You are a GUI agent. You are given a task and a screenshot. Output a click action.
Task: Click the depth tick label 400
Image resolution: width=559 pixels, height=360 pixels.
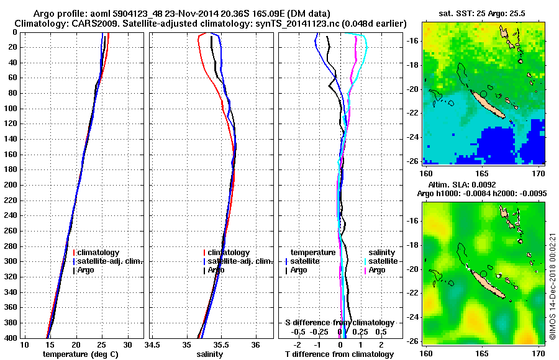(10, 338)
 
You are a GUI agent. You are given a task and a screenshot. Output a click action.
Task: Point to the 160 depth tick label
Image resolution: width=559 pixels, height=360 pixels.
(10, 154)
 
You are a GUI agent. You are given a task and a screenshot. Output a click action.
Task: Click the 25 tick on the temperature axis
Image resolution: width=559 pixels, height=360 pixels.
(102, 345)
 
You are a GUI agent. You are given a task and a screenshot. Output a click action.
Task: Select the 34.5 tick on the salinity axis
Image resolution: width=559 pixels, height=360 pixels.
(153, 345)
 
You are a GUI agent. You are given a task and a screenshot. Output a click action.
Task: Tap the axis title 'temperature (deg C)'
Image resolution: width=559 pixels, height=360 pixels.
(80, 354)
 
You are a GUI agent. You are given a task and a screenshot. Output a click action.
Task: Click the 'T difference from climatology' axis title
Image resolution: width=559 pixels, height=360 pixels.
(339, 354)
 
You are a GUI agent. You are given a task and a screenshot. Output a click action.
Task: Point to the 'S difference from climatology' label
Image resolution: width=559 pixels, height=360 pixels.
(339, 323)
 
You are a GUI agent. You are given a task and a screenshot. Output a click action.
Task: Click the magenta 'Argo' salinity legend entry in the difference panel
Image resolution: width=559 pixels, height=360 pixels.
(377, 270)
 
